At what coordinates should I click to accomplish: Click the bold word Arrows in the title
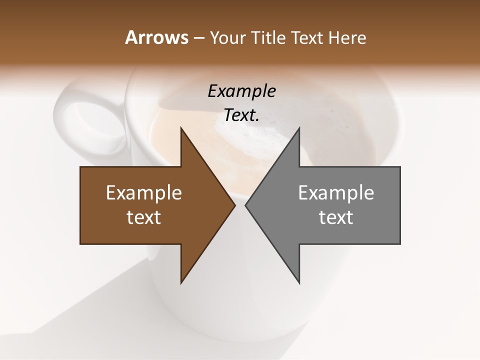click(x=156, y=38)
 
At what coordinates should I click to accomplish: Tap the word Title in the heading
click(x=270, y=38)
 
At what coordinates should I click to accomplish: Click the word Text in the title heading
click(x=307, y=38)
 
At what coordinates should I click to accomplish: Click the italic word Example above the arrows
click(x=241, y=91)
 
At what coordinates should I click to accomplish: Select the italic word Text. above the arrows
click(x=241, y=115)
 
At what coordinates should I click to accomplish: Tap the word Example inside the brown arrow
click(x=144, y=193)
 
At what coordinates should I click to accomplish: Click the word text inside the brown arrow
click(x=144, y=217)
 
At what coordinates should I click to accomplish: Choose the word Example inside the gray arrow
click(x=336, y=193)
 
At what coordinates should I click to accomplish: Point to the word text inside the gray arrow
click(x=336, y=217)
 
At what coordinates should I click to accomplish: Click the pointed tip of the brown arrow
click(x=234, y=205)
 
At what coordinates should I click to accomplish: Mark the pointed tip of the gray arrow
click(x=246, y=205)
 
